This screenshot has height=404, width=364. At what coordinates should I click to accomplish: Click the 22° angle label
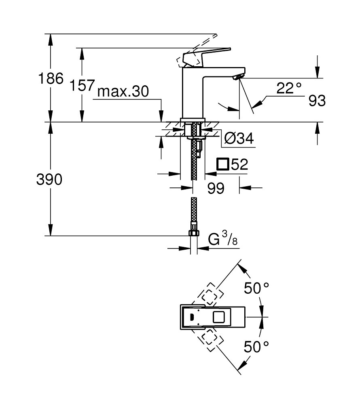point(289,88)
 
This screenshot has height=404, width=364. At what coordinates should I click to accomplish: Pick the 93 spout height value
point(317,101)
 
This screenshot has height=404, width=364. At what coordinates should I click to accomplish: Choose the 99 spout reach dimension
point(216,188)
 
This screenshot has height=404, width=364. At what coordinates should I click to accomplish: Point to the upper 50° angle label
point(256,288)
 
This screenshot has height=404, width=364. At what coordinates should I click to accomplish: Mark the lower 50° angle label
point(256,346)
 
